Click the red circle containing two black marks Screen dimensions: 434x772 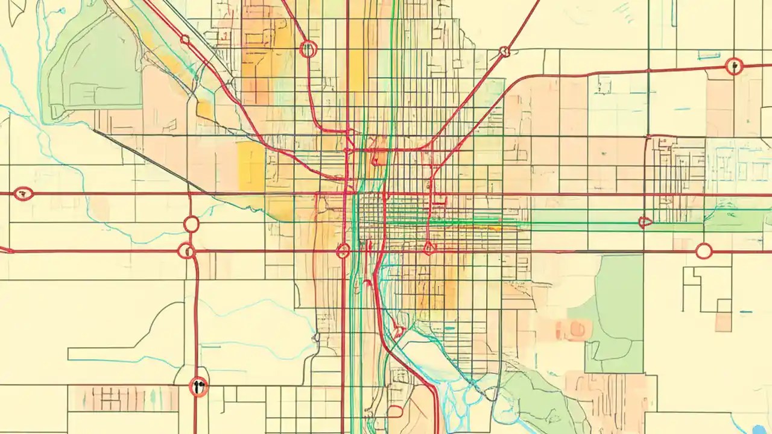pos(198,386)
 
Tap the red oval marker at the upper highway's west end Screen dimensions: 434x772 pos(23,193)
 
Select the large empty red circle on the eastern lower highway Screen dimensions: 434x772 pos(703,251)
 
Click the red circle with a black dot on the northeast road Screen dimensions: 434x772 pos(733,66)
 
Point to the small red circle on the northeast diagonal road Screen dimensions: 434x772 pos(505,52)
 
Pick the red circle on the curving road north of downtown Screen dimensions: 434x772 pos(308,49)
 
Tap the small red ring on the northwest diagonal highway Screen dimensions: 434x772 pos(185,40)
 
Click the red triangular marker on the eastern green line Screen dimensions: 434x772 pos(645,222)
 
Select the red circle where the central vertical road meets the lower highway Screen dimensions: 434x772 pos(343,251)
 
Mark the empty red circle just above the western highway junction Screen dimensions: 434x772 pos(191,224)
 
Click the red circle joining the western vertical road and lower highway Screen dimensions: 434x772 pos(187,251)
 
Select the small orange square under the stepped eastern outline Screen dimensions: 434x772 pos(723,322)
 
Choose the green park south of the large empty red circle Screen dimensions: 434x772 pos(615,313)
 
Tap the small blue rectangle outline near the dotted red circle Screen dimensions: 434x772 pos(709,55)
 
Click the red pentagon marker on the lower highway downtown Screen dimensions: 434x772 pos(429,247)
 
